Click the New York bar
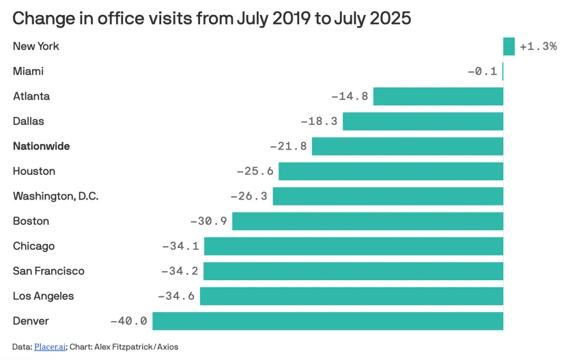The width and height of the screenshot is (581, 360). pos(509,46)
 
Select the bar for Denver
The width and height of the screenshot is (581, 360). pos(328,321)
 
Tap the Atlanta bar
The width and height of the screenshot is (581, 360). pos(438,96)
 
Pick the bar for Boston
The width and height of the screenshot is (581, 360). pos(367,221)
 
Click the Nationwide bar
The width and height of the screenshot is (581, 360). pos(408,146)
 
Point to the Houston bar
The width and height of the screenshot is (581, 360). pos(391,171)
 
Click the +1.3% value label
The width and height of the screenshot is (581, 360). pos(538,46)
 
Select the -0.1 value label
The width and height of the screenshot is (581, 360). pos(482,72)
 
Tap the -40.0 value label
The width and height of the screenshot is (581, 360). pos(128,321)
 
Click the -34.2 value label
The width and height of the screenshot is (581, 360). pos(180,271)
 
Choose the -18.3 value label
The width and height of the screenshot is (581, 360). pos(319,122)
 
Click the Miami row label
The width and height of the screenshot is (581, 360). pos(28,72)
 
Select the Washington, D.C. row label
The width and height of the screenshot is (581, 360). pos(55,197)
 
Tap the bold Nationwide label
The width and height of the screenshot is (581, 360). pos(41,146)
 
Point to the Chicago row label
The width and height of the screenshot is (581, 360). pos(33,246)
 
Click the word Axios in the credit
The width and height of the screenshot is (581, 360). pos(167,347)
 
